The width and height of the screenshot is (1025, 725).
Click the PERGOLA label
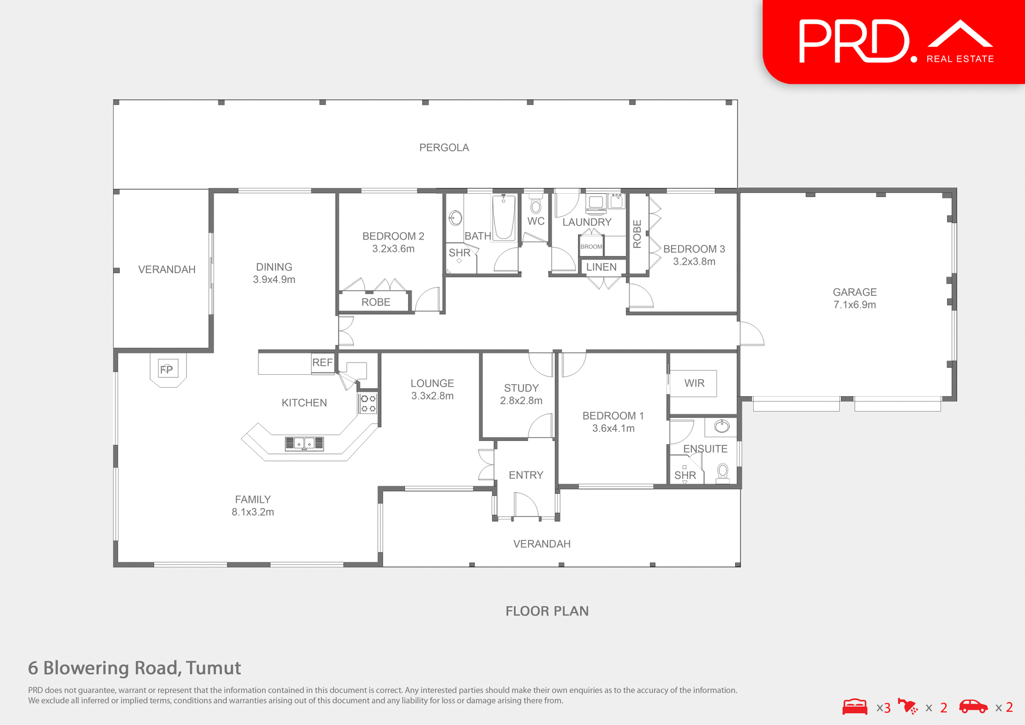[444, 148]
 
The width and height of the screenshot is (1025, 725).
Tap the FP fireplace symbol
[167, 369]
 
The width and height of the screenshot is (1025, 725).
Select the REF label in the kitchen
[322, 362]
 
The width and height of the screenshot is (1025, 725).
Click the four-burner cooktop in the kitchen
[368, 404]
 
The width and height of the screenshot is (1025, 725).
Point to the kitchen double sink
[304, 443]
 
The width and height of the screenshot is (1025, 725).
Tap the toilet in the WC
[535, 205]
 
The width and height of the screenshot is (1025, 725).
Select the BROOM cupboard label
[591, 247]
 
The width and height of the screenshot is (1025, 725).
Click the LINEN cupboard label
[601, 267]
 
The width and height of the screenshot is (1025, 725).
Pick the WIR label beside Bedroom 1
[694, 383]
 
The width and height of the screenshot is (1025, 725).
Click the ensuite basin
[722, 426]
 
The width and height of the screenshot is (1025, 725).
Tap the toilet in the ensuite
[723, 472]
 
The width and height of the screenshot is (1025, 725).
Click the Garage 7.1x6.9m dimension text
[854, 305]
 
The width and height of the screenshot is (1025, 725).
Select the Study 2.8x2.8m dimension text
[521, 401]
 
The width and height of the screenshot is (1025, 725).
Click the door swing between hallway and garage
[752, 334]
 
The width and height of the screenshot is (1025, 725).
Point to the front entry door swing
[526, 505]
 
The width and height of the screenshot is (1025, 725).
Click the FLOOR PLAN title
[547, 611]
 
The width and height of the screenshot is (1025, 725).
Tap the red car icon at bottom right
[973, 707]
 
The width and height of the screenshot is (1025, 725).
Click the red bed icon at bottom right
[855, 707]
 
